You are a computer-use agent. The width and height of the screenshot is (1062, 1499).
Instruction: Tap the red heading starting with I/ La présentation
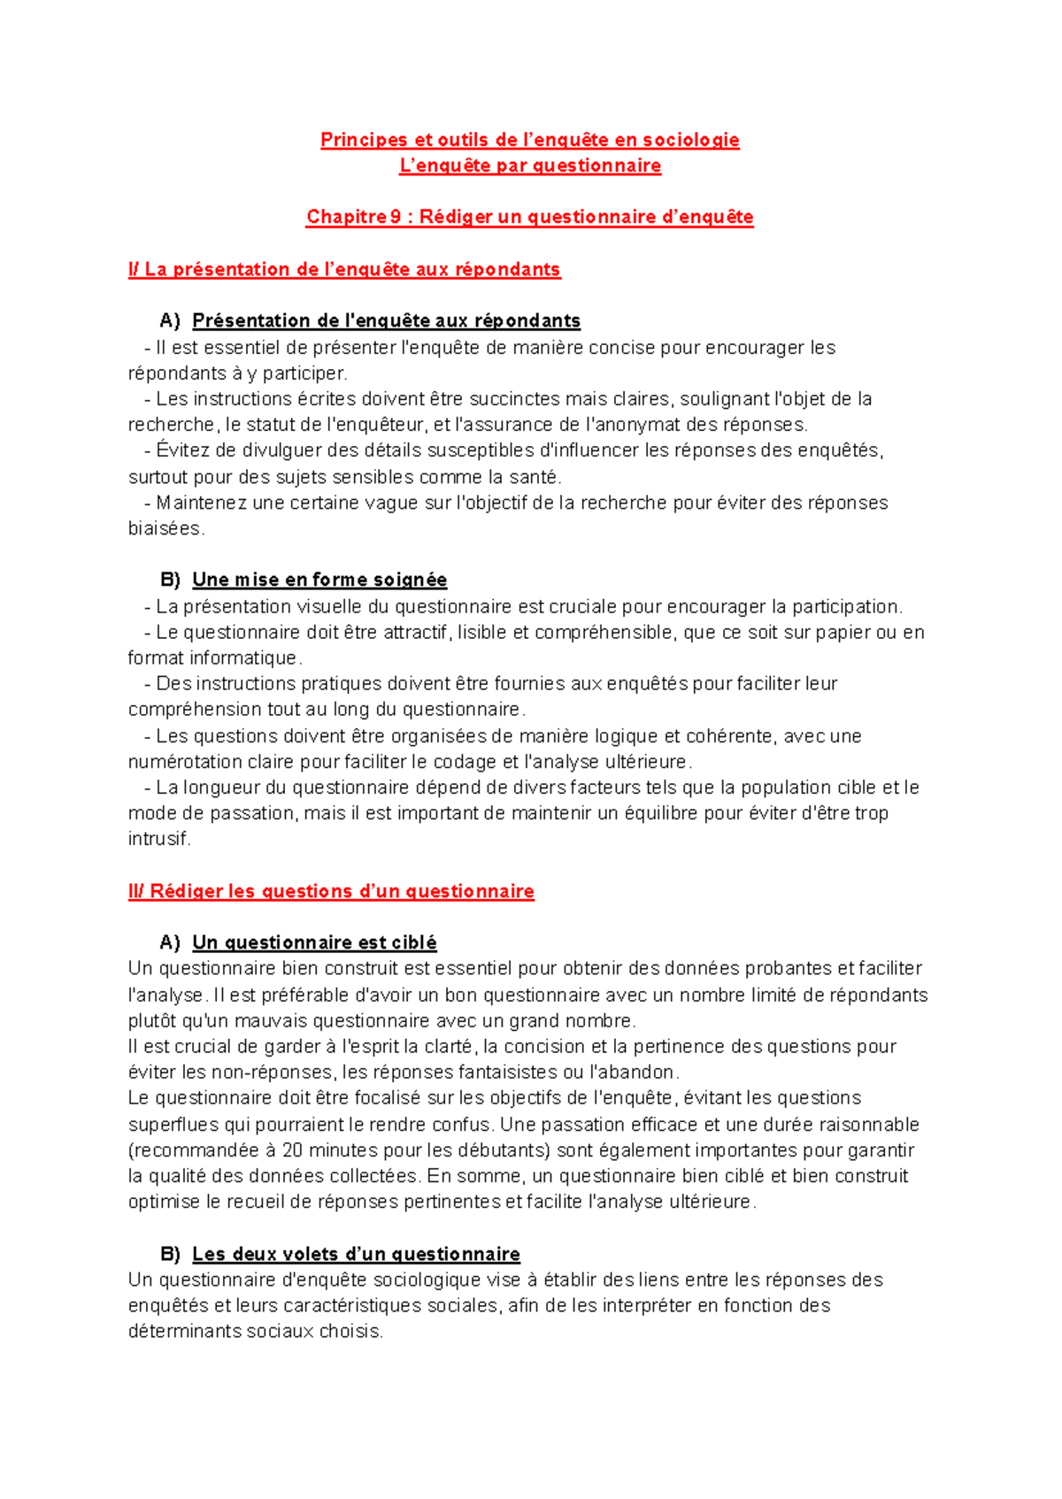point(344,269)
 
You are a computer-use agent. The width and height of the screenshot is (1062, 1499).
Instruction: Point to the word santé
point(535,477)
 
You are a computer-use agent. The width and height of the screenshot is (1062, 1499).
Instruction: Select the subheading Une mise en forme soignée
point(319,580)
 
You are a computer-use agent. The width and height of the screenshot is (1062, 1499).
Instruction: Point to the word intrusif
point(158,839)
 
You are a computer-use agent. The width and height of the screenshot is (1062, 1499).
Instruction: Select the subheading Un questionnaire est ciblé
point(314,942)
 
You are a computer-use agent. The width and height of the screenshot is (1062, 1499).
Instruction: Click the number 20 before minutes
point(292,1150)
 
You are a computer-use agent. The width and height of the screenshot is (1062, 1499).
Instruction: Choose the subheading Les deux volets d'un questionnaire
point(356,1254)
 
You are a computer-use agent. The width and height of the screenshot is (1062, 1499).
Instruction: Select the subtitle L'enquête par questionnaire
point(530,165)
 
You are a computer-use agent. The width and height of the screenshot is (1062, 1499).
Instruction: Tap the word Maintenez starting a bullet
point(201,503)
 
